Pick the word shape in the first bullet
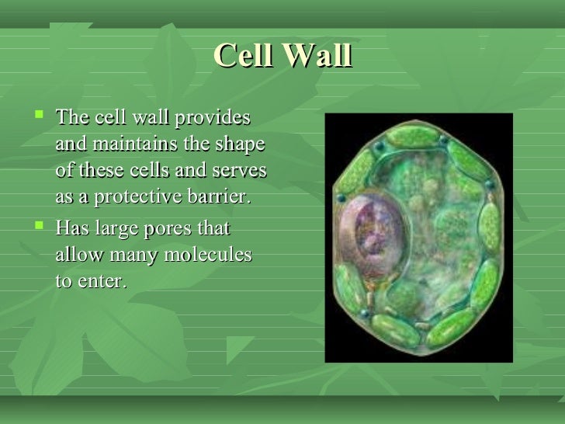pyautogui.click(x=241, y=145)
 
